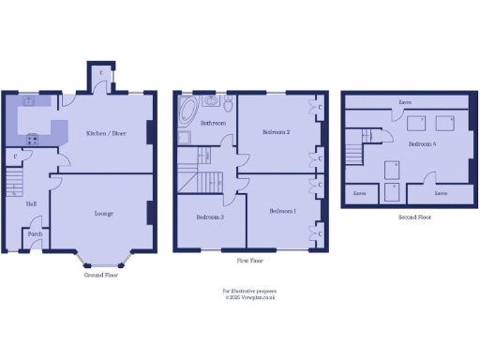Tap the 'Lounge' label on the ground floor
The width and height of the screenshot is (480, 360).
click(104, 214)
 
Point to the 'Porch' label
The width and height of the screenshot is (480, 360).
click(35, 233)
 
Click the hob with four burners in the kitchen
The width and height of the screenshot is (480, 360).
click(32, 139)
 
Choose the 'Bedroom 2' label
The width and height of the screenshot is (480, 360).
click(275, 133)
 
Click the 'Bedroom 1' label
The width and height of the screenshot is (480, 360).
click(282, 212)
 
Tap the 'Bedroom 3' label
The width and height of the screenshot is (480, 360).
click(209, 217)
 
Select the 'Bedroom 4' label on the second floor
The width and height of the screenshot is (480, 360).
click(421, 144)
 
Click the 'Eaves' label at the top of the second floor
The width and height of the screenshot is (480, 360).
click(405, 101)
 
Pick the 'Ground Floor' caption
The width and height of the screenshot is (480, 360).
click(100, 277)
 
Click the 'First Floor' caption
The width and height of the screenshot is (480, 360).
click(248, 261)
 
